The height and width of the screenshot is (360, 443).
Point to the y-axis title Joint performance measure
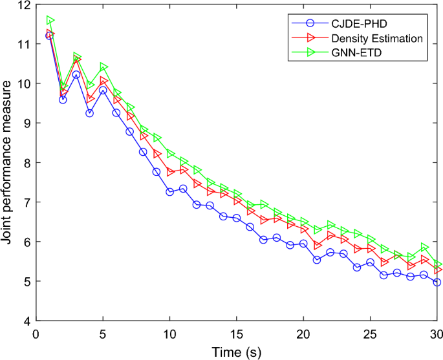(x=9, y=162)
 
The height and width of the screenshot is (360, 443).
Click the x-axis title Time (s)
(x=237, y=352)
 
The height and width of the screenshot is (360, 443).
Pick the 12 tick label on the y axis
(x=24, y=5)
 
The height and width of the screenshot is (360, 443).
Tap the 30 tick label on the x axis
(x=437, y=333)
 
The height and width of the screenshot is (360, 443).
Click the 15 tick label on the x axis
(x=237, y=333)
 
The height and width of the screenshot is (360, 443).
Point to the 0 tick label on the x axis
(x=36, y=333)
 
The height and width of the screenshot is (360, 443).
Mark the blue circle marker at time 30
(x=437, y=282)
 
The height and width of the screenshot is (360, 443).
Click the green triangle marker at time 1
(x=50, y=21)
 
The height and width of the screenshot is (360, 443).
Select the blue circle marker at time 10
(x=170, y=192)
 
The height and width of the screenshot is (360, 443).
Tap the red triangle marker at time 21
(x=317, y=246)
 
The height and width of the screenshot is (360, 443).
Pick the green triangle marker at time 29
(x=424, y=248)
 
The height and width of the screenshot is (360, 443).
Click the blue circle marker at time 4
(x=89, y=113)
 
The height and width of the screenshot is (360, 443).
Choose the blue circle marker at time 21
(x=317, y=260)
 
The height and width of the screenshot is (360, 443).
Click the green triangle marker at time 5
(x=103, y=67)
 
